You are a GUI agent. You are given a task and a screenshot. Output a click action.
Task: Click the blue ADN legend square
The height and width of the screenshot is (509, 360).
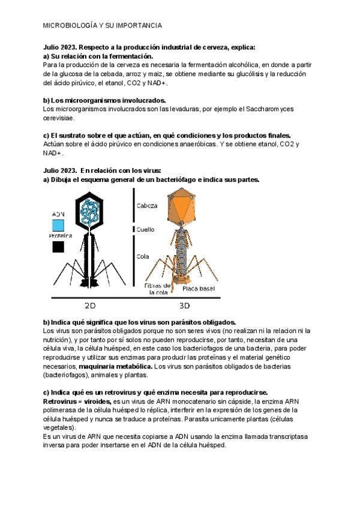click(58, 225)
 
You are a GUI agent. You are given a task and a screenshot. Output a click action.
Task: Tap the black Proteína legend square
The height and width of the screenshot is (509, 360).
click(58, 246)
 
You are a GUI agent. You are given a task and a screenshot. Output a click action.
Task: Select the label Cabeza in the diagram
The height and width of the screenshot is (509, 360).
click(147, 205)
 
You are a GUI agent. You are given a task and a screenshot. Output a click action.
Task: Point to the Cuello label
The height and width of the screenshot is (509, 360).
click(145, 229)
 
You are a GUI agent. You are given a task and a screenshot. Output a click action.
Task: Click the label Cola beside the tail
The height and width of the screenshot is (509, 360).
click(143, 256)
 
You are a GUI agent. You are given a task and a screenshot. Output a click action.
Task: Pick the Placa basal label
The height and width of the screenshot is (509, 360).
click(199, 289)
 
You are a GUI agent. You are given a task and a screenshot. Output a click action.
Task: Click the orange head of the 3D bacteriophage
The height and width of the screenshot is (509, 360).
click(182, 204)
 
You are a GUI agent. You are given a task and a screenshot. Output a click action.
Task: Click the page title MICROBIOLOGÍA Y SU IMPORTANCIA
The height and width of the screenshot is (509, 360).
click(103, 26)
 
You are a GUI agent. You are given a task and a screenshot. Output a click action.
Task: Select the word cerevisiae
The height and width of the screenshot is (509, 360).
click(62, 118)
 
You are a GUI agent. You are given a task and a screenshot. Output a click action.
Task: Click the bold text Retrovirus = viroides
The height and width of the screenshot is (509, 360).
click(77, 400)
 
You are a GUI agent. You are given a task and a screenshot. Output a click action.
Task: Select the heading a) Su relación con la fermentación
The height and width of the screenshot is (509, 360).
click(98, 56)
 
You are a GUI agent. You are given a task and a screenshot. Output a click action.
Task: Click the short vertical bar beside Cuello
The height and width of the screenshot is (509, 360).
click(133, 229)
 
